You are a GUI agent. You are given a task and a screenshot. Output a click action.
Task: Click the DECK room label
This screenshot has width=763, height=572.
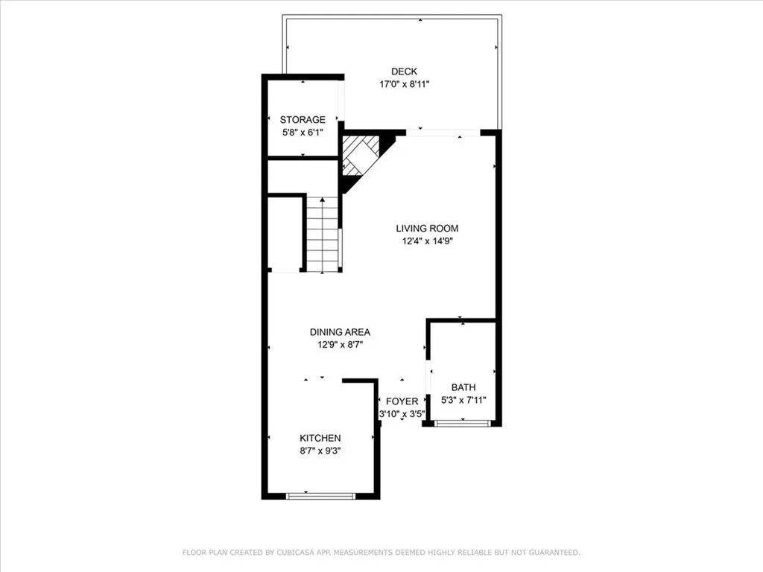[x=404, y=71]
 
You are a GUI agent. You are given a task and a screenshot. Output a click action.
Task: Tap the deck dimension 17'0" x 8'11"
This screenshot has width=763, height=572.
[x=404, y=84]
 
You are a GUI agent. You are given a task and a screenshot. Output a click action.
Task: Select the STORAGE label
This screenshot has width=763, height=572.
[x=303, y=120]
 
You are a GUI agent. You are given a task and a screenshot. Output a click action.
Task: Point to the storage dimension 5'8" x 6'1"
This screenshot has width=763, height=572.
[x=303, y=133]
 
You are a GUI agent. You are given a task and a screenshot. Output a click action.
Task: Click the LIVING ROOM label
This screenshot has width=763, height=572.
[x=427, y=229]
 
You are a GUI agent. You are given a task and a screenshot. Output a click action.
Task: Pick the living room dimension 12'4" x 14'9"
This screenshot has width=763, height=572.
[x=427, y=241]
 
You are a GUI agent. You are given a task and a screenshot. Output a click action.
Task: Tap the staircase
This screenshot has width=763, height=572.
[x=323, y=235]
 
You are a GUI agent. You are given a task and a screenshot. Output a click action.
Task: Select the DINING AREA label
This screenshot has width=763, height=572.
[x=340, y=332]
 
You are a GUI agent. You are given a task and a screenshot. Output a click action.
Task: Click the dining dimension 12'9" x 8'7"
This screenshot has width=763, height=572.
[x=340, y=345]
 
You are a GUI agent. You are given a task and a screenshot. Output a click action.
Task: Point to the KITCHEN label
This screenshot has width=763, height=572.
[x=320, y=438]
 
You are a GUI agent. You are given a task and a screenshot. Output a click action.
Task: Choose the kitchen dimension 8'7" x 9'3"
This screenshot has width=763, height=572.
[x=320, y=451]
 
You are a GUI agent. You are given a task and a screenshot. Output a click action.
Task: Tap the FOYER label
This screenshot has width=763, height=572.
[x=402, y=401]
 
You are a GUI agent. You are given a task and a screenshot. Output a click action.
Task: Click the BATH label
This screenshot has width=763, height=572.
[x=463, y=387]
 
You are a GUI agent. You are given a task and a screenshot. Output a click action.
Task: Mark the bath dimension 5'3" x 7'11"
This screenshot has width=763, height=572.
[x=463, y=400]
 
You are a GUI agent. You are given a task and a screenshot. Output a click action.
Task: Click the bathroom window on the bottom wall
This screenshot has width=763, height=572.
[x=462, y=423]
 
